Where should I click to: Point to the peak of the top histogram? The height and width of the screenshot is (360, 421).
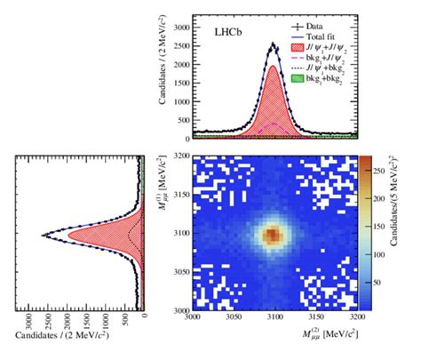coord(273,44)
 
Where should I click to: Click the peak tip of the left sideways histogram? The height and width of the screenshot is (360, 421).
coord(42,236)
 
